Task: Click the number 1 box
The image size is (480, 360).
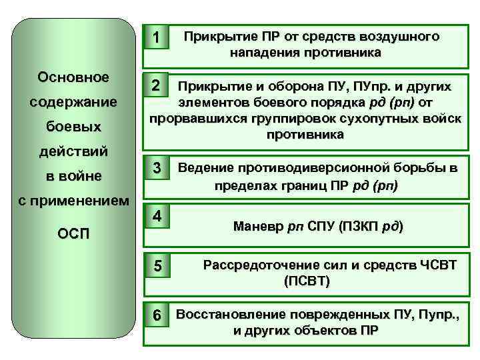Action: pyautogui.click(x=155, y=39)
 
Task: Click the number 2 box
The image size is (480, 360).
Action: pyautogui.click(x=155, y=86)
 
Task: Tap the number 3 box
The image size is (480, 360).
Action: pyautogui.click(x=156, y=169)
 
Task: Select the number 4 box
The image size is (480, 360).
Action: pyautogui.click(x=156, y=216)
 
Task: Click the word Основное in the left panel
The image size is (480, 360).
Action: pyautogui.click(x=73, y=77)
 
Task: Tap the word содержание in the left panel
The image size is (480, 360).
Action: pyautogui.click(x=73, y=103)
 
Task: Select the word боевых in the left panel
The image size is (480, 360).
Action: pyautogui.click(x=73, y=127)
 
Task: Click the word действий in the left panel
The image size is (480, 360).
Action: pyautogui.click(x=73, y=151)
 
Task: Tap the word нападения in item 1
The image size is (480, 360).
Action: pyautogui.click(x=261, y=52)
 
